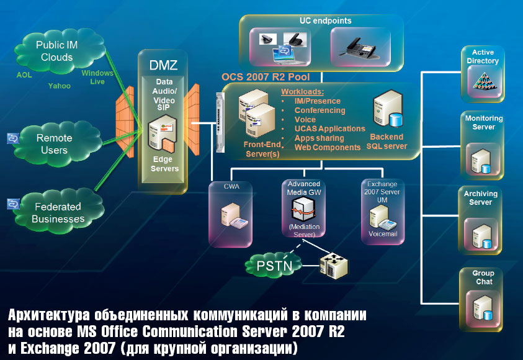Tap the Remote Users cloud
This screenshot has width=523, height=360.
[x=55, y=144]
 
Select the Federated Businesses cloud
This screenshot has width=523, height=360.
[x=59, y=212]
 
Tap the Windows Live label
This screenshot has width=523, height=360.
[x=97, y=77]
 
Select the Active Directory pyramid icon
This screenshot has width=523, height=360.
[x=481, y=79]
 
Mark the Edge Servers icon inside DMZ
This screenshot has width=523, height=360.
[x=163, y=139]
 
